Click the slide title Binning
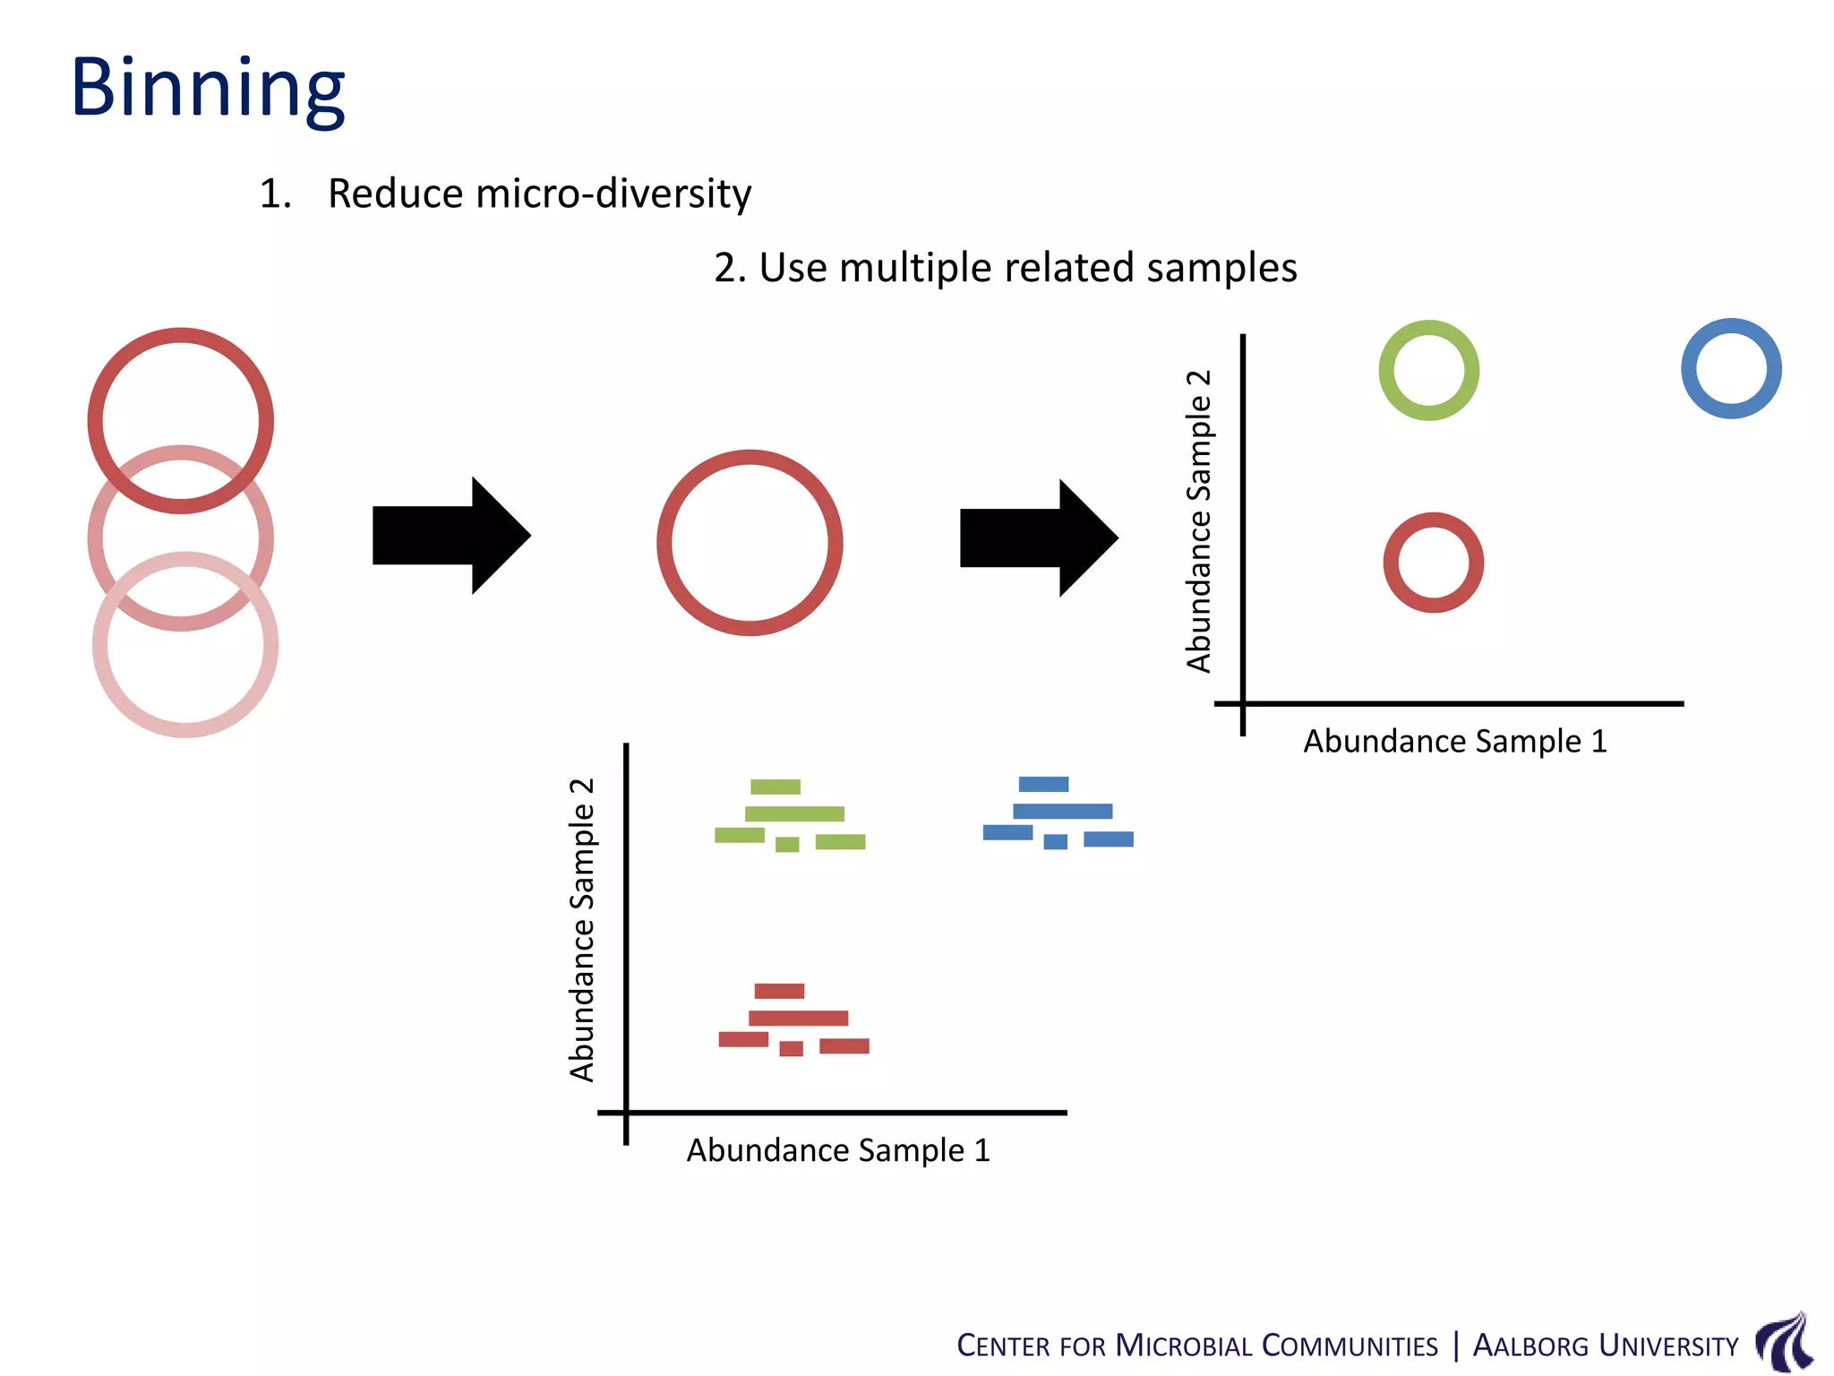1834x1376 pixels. [x=208, y=88]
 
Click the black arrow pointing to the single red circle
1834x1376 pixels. [x=450, y=536]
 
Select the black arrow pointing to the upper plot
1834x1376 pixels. [x=1038, y=537]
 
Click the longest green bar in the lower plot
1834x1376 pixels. [x=794, y=813]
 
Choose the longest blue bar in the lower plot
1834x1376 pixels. [x=1062, y=811]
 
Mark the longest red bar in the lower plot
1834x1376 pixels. [x=798, y=1018]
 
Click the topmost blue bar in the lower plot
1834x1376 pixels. [x=1043, y=784]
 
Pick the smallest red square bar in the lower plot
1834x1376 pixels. [x=791, y=1048]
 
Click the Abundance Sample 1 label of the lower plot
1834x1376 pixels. [x=838, y=1150]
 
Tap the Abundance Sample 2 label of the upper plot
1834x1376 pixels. [x=1198, y=520]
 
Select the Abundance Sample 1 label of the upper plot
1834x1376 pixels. [x=1454, y=742]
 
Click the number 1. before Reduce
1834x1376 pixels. [x=275, y=193]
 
